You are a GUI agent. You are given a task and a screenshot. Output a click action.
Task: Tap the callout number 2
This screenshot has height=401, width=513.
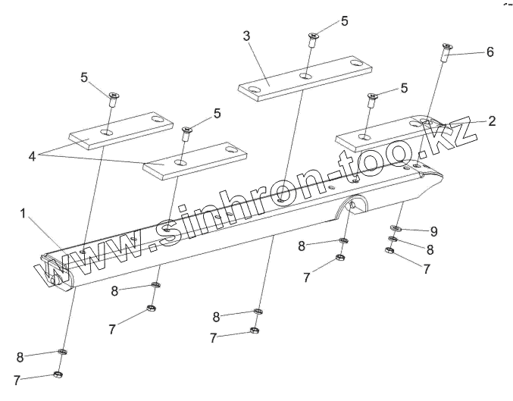tap(492, 121)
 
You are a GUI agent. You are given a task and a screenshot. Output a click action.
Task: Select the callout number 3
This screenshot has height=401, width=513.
tap(246, 36)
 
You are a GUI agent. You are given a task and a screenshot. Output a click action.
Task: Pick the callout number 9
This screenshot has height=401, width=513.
tap(433, 230)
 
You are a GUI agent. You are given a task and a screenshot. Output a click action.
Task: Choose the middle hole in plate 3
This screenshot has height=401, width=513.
tap(303, 77)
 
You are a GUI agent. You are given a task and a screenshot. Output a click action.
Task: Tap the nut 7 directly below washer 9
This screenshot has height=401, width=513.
tap(389, 252)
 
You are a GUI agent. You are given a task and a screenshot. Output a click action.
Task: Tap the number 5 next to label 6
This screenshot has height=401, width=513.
tap(404, 88)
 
